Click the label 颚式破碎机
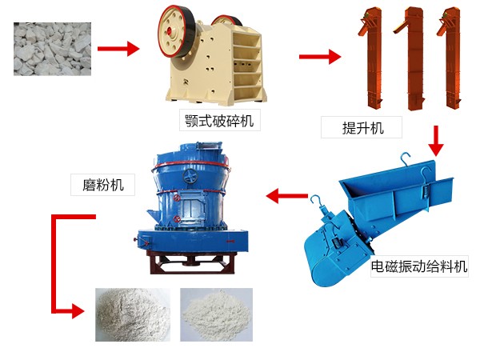pos(219,121)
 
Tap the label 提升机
pos(362,128)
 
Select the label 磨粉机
pos(103,185)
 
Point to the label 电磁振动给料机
pos(419,266)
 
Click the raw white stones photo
pos(52,49)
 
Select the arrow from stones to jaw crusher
pos(118,49)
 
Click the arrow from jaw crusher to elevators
pos(320,57)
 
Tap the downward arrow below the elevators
pos(436,141)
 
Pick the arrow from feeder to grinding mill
pos(287,196)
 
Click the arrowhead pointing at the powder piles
pos(78,311)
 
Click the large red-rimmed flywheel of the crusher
pos(177,31)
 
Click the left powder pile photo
pos(133,314)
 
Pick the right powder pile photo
pos(217,314)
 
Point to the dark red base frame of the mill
pos(192,262)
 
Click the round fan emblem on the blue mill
pos(190,176)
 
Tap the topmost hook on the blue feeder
pos(406,158)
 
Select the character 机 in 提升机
pos(377,128)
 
